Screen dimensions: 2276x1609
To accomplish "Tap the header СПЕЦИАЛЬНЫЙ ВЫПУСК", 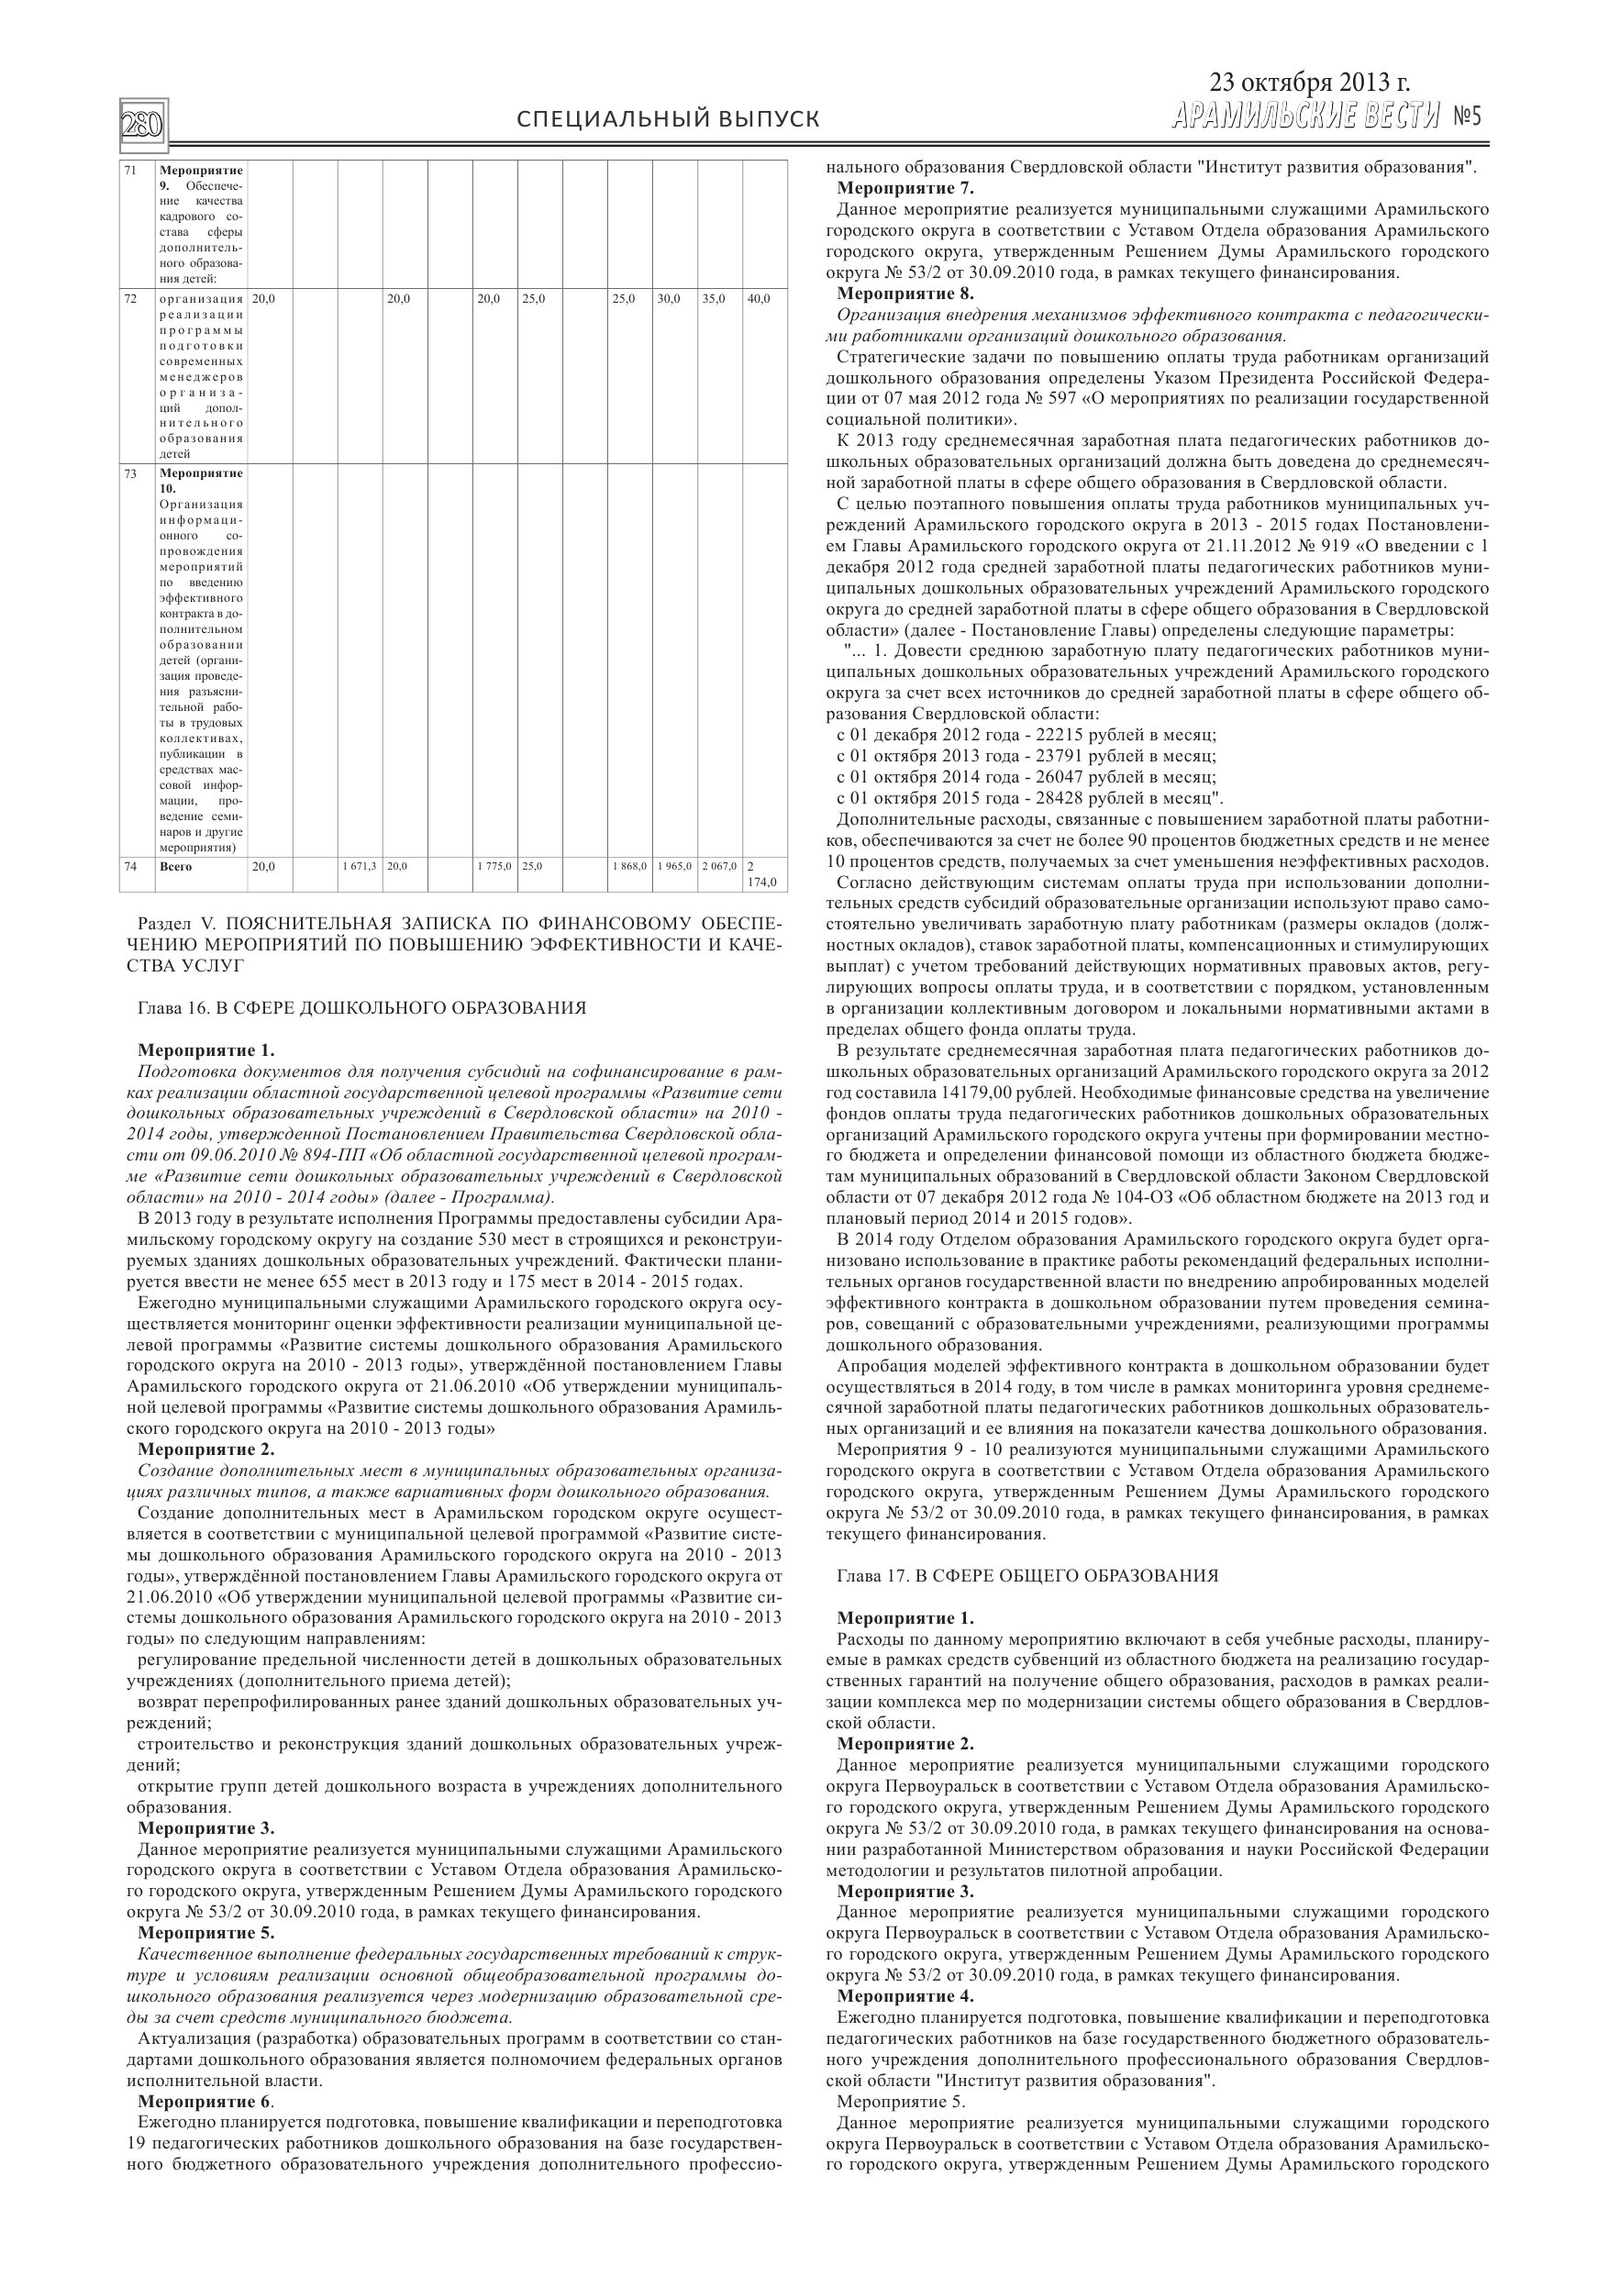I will pyautogui.click(x=668, y=120).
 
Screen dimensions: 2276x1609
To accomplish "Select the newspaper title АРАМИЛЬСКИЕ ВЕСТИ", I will pyautogui.click(x=1304, y=117).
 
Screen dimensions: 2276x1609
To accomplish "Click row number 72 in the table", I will pyautogui.click(x=131, y=298).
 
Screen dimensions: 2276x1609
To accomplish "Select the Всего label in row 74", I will pyautogui.click(x=174, y=866).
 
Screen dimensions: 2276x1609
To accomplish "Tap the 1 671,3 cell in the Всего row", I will pyautogui.click(x=359, y=866).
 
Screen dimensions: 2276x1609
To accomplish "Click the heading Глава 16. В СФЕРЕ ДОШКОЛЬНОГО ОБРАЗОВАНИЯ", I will pyautogui.click(x=361, y=1008).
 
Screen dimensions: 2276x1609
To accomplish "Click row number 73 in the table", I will pyautogui.click(x=131, y=474).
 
